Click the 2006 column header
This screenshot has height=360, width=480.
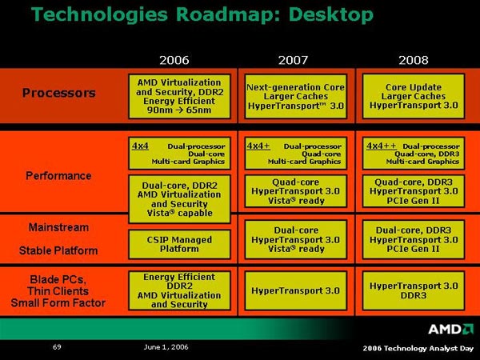(x=174, y=60)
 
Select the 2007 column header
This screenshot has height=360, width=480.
(x=293, y=60)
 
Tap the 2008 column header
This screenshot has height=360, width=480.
(x=414, y=60)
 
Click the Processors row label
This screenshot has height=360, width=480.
(x=59, y=93)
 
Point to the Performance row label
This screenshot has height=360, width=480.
(x=58, y=176)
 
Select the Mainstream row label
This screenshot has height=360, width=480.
(x=58, y=227)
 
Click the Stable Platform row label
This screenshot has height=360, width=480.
(x=58, y=250)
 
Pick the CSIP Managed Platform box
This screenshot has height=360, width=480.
(x=179, y=244)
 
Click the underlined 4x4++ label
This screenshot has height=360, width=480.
(x=382, y=146)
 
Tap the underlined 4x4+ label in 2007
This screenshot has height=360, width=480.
(x=258, y=146)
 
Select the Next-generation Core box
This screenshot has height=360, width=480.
(x=296, y=97)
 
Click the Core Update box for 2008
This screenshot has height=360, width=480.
(x=414, y=97)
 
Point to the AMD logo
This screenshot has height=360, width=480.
(x=450, y=329)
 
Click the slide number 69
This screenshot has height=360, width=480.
(x=57, y=347)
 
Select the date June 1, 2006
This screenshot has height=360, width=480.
(x=166, y=347)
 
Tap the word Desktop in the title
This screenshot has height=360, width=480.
(x=331, y=14)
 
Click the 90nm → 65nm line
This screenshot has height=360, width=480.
(x=179, y=110)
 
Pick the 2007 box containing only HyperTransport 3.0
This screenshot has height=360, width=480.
(x=296, y=290)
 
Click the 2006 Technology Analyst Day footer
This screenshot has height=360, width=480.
(x=418, y=348)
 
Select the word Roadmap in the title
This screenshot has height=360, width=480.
(x=228, y=14)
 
